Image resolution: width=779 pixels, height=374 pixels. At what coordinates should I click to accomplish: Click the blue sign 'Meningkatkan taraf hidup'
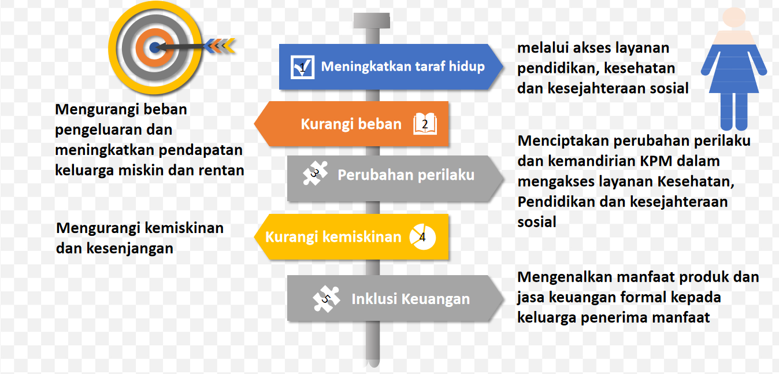point(403,66)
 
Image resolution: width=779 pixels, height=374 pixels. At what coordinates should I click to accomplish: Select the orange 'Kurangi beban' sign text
point(351,124)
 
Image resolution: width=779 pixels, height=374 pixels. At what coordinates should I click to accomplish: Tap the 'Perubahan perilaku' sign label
point(406,175)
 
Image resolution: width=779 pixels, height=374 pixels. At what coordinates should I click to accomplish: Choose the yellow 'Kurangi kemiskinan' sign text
point(333,237)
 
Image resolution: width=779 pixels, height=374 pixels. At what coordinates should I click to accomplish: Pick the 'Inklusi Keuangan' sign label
point(410,299)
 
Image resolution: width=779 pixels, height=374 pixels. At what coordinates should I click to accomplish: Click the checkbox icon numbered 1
point(303,67)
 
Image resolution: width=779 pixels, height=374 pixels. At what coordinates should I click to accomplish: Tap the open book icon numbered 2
point(425,124)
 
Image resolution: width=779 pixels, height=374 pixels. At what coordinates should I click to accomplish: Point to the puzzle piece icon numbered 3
point(315,173)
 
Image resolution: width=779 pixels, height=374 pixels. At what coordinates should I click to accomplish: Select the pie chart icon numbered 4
point(422,237)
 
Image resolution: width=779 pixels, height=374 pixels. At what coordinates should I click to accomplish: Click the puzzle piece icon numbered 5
point(326,298)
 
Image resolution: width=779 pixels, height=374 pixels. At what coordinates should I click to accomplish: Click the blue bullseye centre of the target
point(154,47)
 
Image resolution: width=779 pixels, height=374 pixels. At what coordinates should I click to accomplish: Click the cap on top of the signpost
point(371,20)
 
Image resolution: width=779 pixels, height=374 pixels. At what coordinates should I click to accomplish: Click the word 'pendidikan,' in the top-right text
point(553,68)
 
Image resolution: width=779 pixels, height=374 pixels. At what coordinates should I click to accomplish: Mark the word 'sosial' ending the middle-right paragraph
point(537,222)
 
